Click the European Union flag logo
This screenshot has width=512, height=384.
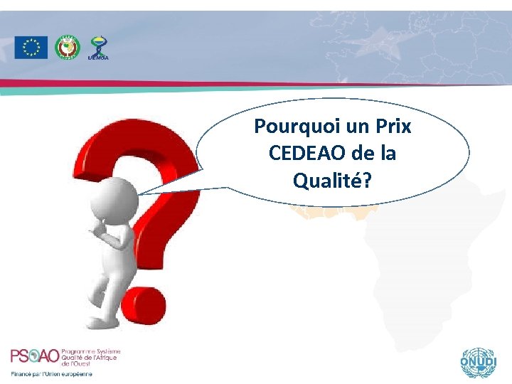click(x=31, y=48)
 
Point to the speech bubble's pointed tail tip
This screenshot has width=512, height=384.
click(x=138, y=194)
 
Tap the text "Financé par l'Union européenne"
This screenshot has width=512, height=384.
click(x=51, y=374)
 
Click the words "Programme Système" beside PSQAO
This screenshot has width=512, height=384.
click(x=92, y=351)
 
